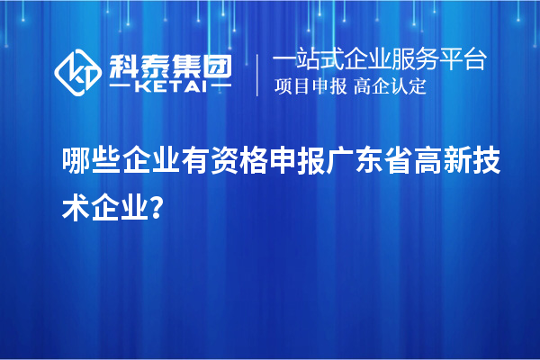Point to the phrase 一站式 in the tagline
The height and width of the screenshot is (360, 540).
tap(306, 61)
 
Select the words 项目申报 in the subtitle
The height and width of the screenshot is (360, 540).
tap(310, 87)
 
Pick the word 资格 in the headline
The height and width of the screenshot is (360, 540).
tap(257, 160)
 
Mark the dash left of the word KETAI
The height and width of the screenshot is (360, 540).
tap(121, 87)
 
